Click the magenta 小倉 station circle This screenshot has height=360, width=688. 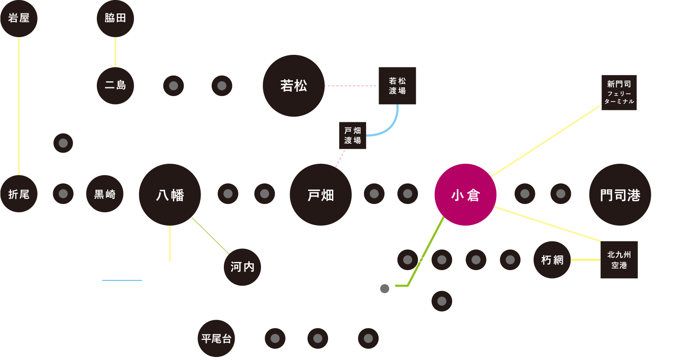coord(465,194)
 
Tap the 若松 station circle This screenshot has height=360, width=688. coord(294,86)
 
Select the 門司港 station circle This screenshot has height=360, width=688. coord(620,194)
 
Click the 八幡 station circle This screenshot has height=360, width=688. coord(170,194)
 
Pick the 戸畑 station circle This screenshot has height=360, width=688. coord(321,194)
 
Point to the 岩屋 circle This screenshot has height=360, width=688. coord(19,18)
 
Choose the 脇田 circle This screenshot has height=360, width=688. coord(115,18)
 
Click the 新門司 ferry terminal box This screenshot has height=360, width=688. coord(619,92)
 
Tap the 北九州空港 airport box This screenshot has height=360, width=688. coord(619,260)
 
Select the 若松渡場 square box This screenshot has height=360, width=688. coord(397,86)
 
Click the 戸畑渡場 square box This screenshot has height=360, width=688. coord(353,135)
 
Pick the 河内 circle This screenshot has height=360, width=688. coord(242,267)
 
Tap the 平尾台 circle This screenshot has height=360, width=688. coord(217,338)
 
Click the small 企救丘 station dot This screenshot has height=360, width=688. coord(384,288)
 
